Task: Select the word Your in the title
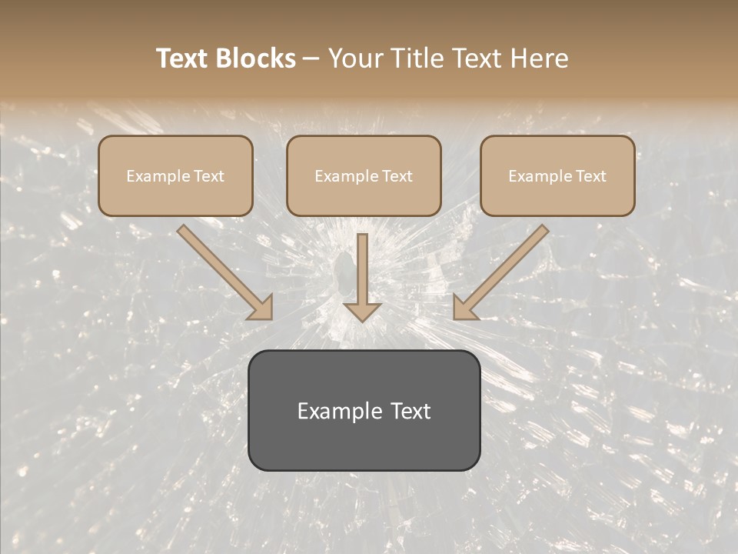pos(354,58)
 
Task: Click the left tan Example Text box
pos(175,176)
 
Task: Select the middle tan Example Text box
pos(364,176)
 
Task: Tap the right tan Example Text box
pos(557,176)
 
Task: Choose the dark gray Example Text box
pos(364,411)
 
